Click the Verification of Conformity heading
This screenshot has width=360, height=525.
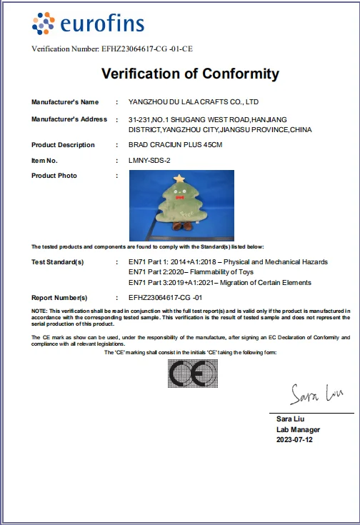pos(190,74)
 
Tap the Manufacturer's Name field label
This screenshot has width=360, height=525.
pos(65,102)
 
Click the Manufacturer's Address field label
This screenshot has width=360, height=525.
pos(69,119)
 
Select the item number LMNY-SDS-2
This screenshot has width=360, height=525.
pos(149,161)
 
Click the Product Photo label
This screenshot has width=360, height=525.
pos(54,176)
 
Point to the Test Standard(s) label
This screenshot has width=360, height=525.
pos(58,262)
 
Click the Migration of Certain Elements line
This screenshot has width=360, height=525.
pos(219,283)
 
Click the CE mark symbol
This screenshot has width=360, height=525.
pos(193,373)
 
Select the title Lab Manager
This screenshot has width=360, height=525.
pos(298,429)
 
